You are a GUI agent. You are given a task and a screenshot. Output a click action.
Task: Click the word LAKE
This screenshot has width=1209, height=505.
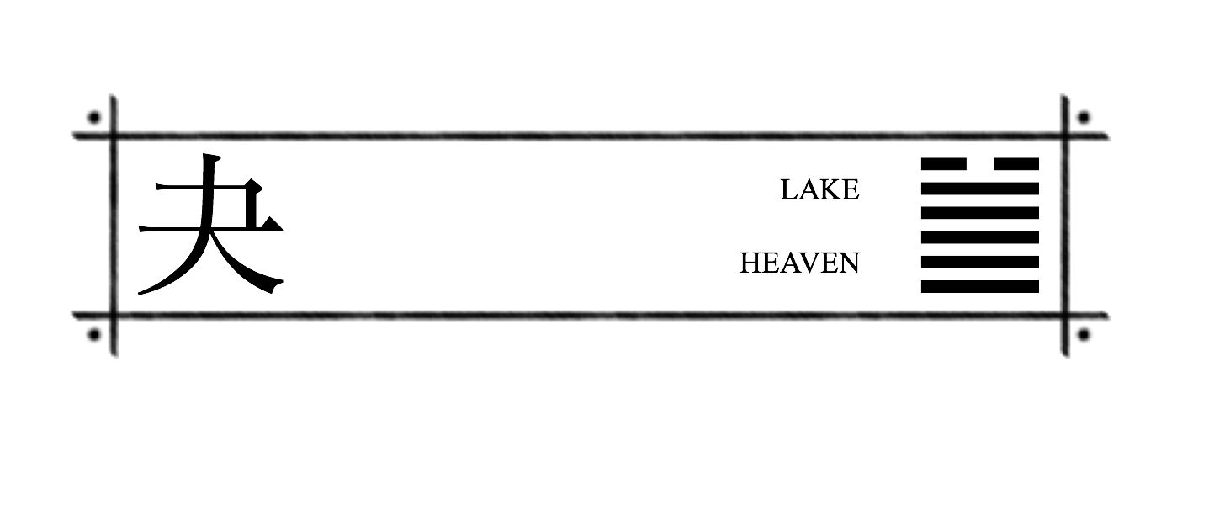point(819,189)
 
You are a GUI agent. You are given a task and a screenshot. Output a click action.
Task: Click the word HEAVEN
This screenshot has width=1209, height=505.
point(799,263)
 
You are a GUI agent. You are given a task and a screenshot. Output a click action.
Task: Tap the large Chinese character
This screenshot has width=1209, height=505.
point(210,224)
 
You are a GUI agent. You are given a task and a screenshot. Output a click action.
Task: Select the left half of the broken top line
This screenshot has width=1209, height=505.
point(943,164)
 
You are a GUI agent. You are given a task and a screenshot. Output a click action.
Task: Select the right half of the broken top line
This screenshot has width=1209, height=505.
point(1016,164)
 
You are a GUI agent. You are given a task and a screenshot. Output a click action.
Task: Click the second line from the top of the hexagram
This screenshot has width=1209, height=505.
point(980,189)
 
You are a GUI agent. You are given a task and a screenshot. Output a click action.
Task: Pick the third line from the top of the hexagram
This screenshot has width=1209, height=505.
point(980,213)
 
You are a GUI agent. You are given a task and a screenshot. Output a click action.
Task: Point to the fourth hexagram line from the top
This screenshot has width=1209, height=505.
point(980,237)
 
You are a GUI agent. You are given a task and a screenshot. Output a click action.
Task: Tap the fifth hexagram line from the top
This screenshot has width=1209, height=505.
point(980,263)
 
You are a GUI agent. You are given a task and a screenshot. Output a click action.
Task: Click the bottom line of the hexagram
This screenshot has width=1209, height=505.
point(980,287)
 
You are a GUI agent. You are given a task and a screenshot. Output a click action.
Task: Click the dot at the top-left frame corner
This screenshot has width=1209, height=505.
point(94,117)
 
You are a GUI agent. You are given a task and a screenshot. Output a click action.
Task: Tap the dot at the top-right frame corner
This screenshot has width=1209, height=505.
point(1084,117)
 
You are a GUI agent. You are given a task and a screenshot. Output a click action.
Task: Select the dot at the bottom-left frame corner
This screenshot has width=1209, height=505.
point(94,335)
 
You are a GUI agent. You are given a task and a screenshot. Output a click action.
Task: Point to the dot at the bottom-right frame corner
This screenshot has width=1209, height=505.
point(1084,335)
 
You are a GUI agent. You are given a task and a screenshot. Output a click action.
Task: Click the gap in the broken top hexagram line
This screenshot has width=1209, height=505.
point(980,164)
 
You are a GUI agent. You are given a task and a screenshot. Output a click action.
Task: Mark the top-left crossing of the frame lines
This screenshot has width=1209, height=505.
point(114,136)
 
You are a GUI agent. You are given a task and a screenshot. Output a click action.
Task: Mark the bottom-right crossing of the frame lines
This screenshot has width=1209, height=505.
point(1065,316)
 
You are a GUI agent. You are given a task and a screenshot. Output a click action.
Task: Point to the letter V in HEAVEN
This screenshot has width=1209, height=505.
point(811,263)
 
